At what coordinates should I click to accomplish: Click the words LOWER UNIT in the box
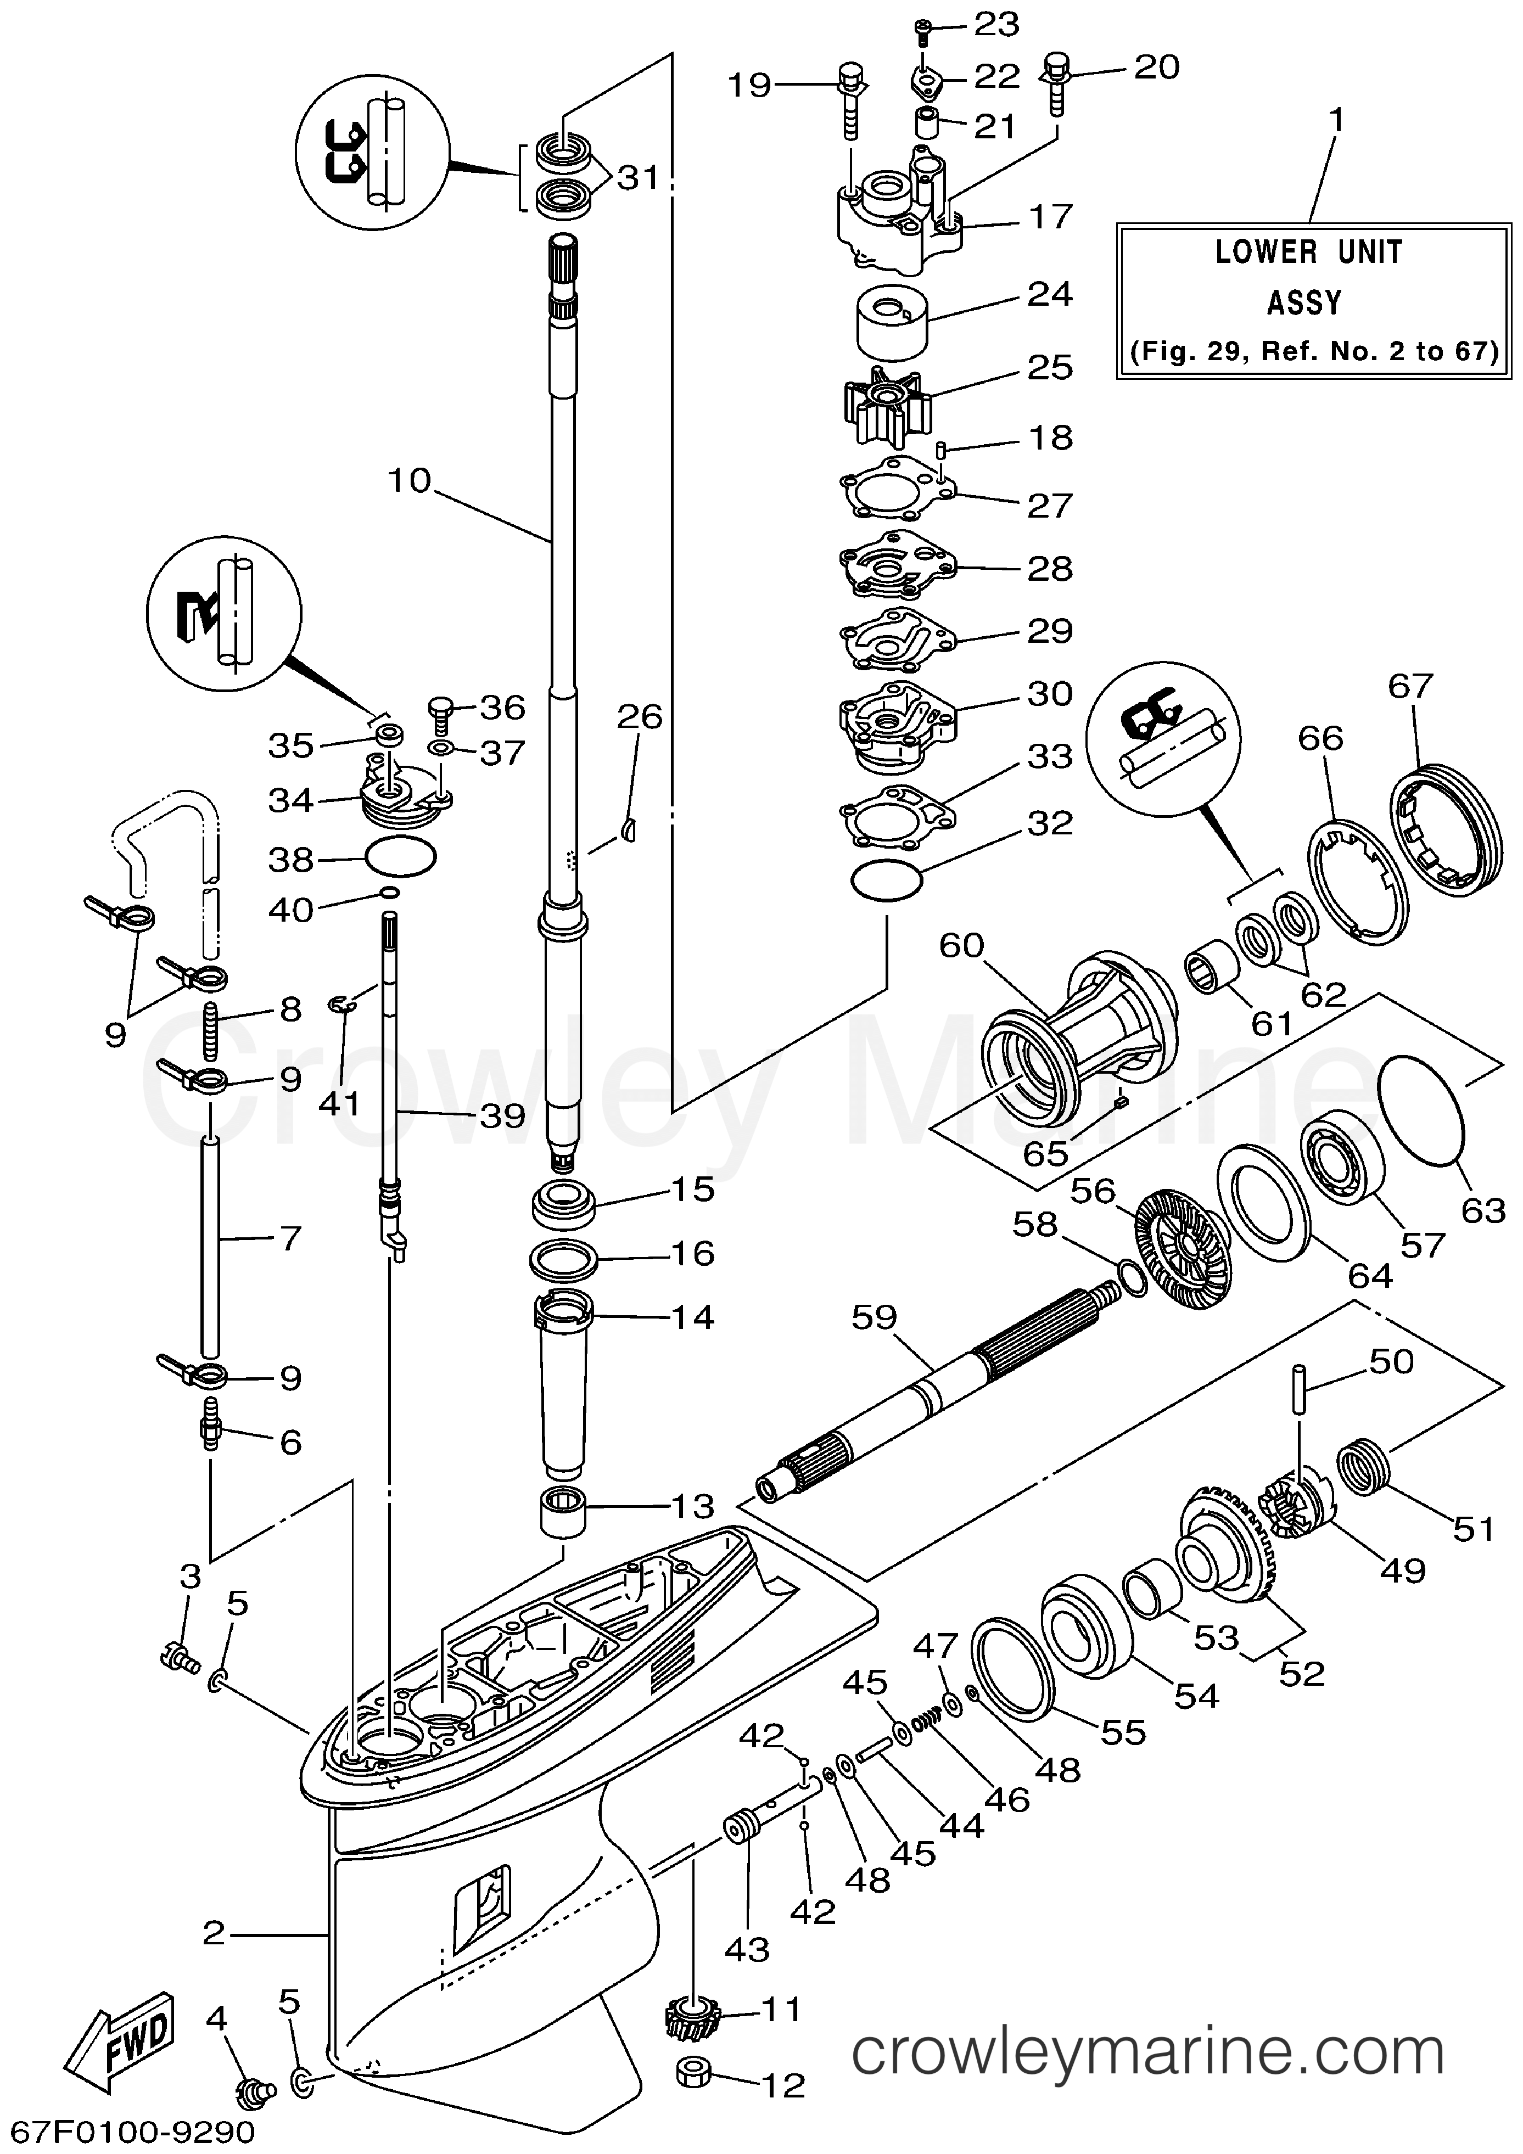tap(1308, 253)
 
